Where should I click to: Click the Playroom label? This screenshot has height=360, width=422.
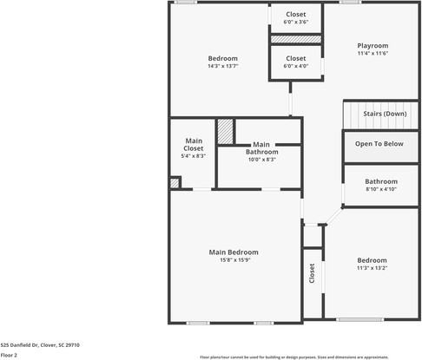coord(373,45)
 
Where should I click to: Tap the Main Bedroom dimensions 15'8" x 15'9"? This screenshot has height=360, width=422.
coord(234,260)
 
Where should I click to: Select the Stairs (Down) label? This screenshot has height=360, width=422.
coord(384,114)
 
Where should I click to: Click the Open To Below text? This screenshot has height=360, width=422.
coord(379,144)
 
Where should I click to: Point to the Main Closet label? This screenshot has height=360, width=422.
coord(194,144)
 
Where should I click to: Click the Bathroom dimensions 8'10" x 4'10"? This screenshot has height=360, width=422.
coord(380,188)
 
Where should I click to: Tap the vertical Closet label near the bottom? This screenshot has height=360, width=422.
coord(312,273)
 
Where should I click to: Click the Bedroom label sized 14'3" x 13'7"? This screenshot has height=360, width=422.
coord(222,58)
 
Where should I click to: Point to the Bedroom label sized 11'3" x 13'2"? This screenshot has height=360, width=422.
coord(373,260)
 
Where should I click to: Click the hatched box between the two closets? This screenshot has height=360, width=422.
coord(295,39)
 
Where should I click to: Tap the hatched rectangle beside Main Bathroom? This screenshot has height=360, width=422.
coord(225,132)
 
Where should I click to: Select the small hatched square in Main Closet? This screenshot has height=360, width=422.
coord(175,183)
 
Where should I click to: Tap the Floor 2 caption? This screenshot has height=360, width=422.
coord(9,355)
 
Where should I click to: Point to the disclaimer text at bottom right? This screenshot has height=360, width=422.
coord(306,356)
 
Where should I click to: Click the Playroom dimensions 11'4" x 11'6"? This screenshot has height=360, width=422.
coord(373,53)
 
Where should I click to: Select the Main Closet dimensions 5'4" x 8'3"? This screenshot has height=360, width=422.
coord(194,156)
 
